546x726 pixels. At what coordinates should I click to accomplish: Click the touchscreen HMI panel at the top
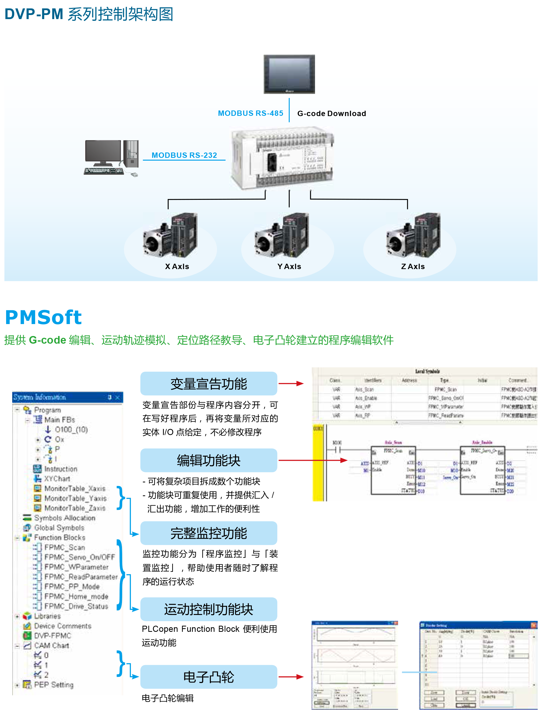(289, 74)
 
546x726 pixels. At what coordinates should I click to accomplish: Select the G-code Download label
(331, 114)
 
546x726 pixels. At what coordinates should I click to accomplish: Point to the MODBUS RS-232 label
(184, 155)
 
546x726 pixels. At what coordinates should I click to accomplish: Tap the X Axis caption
(177, 267)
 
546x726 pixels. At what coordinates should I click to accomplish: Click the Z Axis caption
(413, 267)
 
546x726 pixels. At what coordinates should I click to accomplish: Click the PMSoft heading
(43, 317)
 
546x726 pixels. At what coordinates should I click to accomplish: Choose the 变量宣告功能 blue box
(209, 384)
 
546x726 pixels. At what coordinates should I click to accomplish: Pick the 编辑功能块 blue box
(209, 460)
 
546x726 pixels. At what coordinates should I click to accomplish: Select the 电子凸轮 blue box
(209, 677)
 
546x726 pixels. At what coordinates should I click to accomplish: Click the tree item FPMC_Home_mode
(76, 596)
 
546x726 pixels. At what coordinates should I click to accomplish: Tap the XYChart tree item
(57, 479)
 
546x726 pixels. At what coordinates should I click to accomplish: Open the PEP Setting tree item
(53, 685)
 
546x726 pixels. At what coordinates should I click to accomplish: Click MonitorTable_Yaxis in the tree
(75, 498)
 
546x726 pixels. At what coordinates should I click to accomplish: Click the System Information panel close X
(118, 397)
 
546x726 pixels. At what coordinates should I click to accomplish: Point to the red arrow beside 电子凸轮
(291, 677)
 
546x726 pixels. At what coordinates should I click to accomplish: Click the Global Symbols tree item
(59, 528)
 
